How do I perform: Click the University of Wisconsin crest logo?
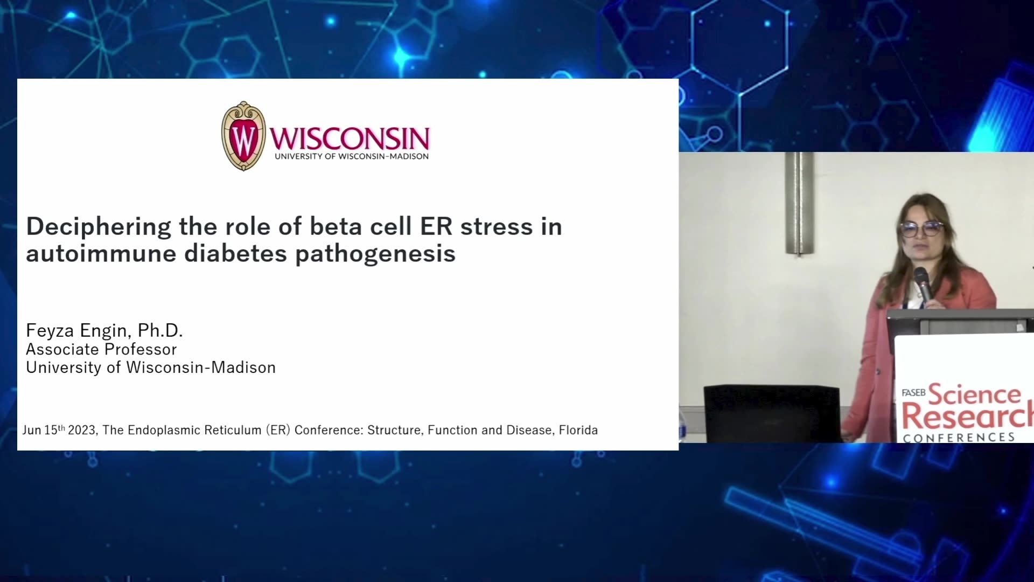coord(243,136)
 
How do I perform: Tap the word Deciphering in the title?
coord(99,227)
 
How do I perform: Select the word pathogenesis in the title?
coord(375,254)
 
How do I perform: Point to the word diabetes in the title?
coord(235,253)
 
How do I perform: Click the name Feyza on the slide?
coord(50,330)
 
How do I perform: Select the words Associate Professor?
coord(101,349)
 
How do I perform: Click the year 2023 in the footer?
coord(82,430)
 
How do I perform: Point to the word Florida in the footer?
coord(578,430)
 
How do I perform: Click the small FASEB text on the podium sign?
coord(913,392)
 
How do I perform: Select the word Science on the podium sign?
coord(974,394)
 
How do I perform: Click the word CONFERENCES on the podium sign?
coord(959,437)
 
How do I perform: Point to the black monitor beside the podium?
coord(771,413)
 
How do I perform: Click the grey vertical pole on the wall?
coord(799,203)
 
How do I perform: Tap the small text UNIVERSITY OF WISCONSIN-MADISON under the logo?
coord(352,156)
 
